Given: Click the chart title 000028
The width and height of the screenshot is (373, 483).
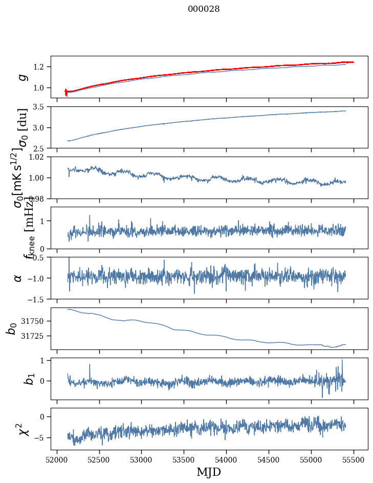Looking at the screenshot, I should tap(204, 9).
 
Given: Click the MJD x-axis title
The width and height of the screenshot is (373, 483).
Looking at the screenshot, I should tap(209, 472).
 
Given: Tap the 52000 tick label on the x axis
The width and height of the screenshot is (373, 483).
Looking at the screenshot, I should tap(57, 459).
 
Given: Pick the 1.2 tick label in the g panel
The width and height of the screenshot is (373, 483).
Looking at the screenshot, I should tap(40, 67).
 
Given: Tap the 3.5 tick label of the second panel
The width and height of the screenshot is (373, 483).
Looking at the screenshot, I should tap(40, 107).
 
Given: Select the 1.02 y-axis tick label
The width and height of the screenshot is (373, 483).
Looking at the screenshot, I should tap(38, 157).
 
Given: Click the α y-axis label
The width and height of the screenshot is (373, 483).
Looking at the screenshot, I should tap(18, 278).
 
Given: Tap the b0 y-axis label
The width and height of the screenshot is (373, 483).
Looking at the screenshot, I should tap(11, 328).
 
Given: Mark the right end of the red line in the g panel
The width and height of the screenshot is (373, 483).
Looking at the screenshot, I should tap(353, 62).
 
